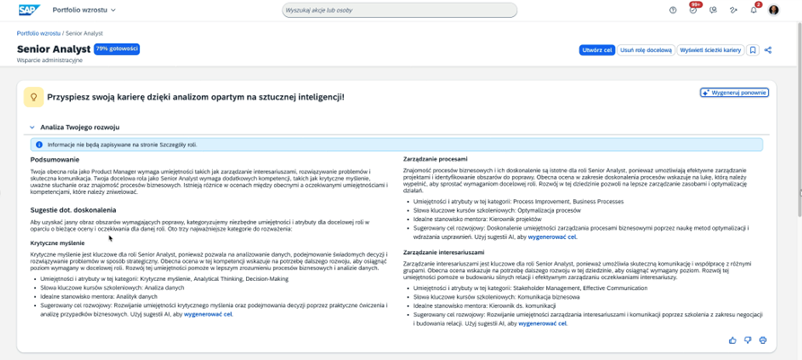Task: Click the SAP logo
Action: pyautogui.click(x=29, y=10)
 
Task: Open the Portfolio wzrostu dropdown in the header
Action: pyautogui.click(x=84, y=11)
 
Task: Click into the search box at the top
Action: pyautogui.click(x=400, y=11)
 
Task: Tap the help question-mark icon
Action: pyautogui.click(x=673, y=11)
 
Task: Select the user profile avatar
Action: pyautogui.click(x=774, y=11)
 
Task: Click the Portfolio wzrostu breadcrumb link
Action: pyautogui.click(x=39, y=33)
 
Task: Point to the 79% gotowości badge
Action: pyautogui.click(x=117, y=49)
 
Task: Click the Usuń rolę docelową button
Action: pyautogui.click(x=646, y=50)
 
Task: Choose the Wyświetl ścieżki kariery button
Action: pyautogui.click(x=709, y=50)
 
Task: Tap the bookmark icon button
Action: pyautogui.click(x=753, y=50)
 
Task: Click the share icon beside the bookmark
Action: pyautogui.click(x=768, y=50)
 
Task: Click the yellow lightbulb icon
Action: pyautogui.click(x=33, y=97)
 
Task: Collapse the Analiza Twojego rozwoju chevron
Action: pyautogui.click(x=32, y=127)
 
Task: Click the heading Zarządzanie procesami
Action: pyautogui.click(x=436, y=159)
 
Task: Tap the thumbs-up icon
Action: pyautogui.click(x=733, y=340)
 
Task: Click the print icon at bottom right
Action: pyautogui.click(x=762, y=340)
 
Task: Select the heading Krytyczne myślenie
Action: pyautogui.click(x=57, y=243)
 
